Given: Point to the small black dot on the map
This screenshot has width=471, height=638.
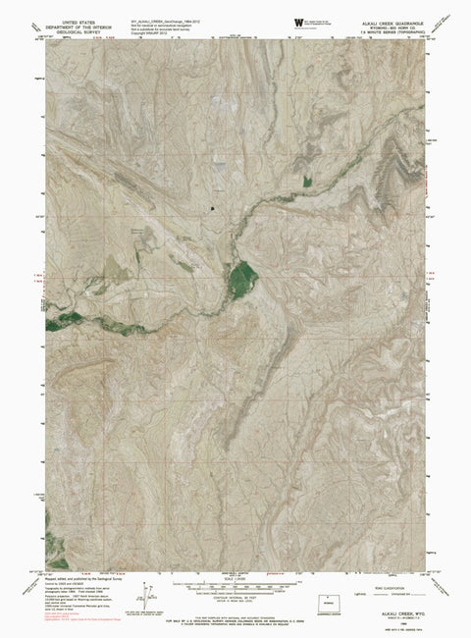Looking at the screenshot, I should click(212, 208).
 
